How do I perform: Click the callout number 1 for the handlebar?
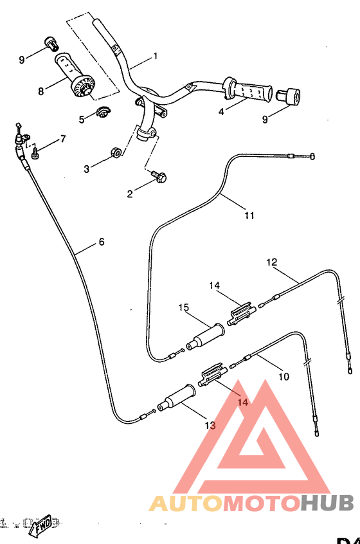[155, 57]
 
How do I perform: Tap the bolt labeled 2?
[158, 174]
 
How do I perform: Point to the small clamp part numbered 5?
[102, 114]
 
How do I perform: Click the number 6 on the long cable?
[101, 242]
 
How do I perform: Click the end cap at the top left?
[50, 43]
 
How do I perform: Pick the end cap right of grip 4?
[289, 96]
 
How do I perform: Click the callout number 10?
[284, 374]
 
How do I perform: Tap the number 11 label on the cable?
[250, 215]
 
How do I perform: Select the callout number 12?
[271, 262]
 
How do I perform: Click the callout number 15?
[184, 308]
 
